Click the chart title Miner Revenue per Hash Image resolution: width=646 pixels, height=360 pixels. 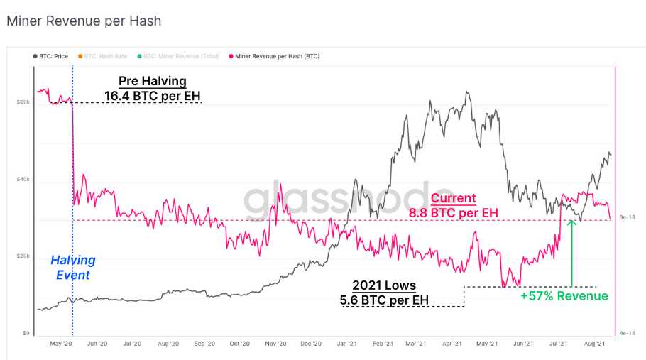pos(84,21)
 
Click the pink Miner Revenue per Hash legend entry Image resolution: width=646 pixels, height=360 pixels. pos(273,55)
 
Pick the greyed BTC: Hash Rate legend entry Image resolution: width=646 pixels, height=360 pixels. pos(106,55)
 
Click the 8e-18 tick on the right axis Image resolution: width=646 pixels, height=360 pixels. pos(628,217)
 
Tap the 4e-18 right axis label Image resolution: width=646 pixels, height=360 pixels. pos(628,333)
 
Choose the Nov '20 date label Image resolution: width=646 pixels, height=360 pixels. pos(276,344)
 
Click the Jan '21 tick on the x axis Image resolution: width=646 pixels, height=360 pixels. pos(346,344)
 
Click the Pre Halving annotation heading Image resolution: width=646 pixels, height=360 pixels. pos(152,82)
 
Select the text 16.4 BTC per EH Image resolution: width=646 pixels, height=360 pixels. pos(152,96)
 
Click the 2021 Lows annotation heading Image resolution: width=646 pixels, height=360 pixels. pos(385,285)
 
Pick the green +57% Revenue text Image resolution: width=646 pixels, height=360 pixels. pos(564,296)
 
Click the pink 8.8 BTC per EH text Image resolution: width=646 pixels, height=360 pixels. pos(454,212)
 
